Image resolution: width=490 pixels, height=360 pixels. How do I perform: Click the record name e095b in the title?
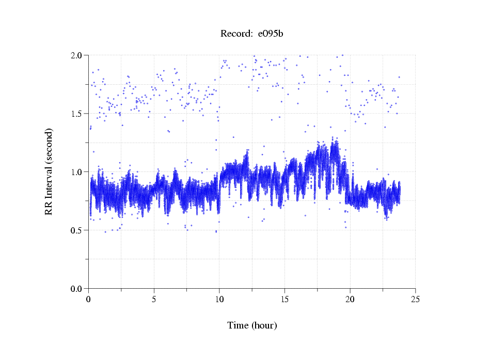(270, 34)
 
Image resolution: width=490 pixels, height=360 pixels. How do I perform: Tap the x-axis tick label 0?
(89, 299)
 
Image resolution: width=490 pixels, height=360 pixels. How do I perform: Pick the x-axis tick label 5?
(154, 299)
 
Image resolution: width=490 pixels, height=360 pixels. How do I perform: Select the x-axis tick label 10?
(219, 299)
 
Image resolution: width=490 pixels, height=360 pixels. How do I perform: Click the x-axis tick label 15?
(285, 299)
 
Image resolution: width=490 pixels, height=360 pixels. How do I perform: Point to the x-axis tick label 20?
(350, 299)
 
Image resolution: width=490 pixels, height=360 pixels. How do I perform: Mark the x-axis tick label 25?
(416, 299)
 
